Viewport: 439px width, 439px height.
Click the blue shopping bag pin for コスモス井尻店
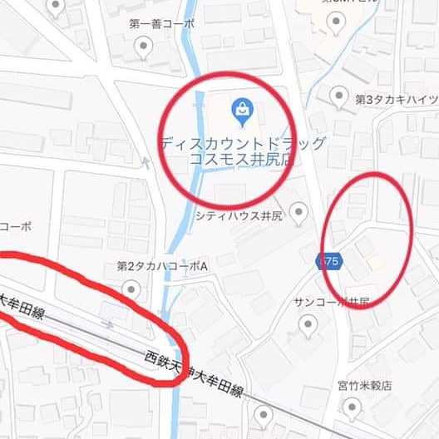[242, 111]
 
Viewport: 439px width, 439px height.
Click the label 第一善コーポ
[162, 23]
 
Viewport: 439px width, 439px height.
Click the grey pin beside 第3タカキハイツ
[338, 96]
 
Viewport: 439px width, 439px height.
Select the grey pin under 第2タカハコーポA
[131, 289]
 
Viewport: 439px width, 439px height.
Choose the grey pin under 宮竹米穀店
[353, 407]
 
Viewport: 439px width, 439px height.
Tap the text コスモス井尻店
[241, 159]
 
